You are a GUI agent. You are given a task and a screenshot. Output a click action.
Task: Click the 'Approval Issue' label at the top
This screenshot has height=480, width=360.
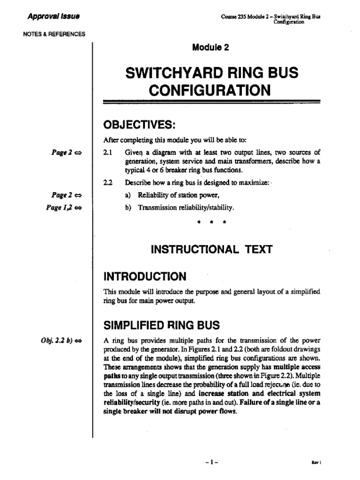point(53,16)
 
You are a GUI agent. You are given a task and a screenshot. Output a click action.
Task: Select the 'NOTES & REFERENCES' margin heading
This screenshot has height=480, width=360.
point(54,34)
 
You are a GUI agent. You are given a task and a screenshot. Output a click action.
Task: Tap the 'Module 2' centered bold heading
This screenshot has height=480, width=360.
point(210,47)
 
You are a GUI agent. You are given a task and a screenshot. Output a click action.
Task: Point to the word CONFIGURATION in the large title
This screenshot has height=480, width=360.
point(210,90)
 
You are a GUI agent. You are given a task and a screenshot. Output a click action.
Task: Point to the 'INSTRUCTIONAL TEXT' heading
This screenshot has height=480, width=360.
point(210,249)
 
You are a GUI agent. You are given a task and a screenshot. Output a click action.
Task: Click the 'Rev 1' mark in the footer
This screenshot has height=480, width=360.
point(315,462)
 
